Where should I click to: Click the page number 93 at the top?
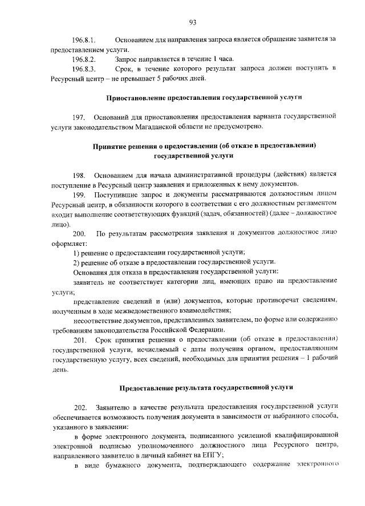pyautogui.click(x=192, y=22)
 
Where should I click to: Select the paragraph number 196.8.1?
pyautogui.click(x=83, y=41)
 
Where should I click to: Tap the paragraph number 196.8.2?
pyautogui.click(x=83, y=59)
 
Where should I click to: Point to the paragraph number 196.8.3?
pyautogui.click(x=83, y=68)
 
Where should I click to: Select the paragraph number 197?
pyautogui.click(x=79, y=116)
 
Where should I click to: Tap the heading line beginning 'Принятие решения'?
pyautogui.click(x=204, y=145)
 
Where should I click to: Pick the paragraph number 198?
pyautogui.click(x=79, y=175)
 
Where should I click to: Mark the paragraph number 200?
pyautogui.click(x=79, y=234)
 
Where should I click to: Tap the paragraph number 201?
pyautogui.click(x=79, y=341)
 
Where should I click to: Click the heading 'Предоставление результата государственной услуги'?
pyautogui.click(x=206, y=388)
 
